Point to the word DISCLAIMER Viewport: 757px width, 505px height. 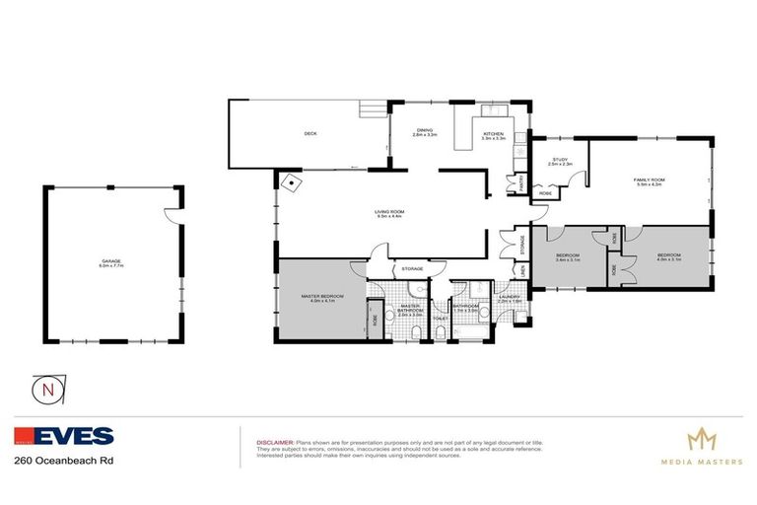pyautogui.click(x=275, y=443)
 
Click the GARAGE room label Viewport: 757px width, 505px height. pyautogui.click(x=110, y=261)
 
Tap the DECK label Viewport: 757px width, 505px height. pyautogui.click(x=310, y=133)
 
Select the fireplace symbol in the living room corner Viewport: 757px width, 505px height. pyautogui.click(x=293, y=183)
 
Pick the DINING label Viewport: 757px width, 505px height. pyautogui.click(x=424, y=131)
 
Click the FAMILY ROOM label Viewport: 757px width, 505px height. pyautogui.click(x=650, y=180)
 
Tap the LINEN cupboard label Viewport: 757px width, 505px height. pyautogui.click(x=522, y=268)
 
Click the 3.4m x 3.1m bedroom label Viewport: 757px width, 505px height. pyautogui.click(x=569, y=256)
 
